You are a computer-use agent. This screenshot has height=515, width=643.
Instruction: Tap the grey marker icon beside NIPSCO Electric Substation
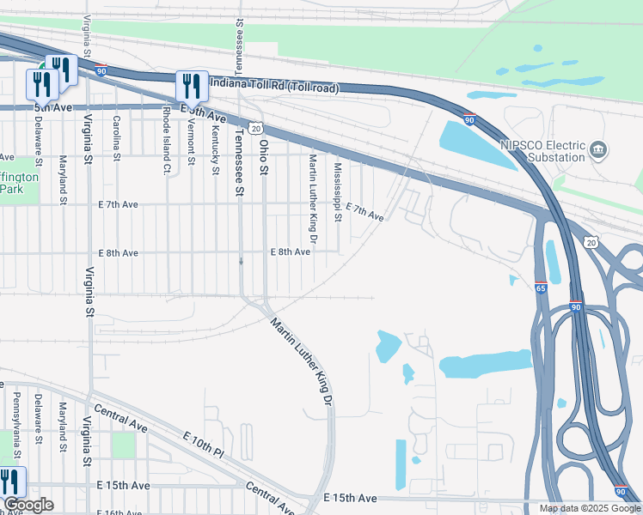[600, 151]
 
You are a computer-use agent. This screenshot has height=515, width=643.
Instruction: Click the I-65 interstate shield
[541, 288]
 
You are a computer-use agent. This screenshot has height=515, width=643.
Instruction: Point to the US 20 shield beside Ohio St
[256, 128]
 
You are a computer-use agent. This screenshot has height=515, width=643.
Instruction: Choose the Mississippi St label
[338, 191]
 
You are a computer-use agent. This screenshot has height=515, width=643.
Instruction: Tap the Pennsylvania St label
[15, 422]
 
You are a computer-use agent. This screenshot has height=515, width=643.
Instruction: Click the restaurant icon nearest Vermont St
[191, 85]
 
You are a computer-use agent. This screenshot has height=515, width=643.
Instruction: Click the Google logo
[28, 505]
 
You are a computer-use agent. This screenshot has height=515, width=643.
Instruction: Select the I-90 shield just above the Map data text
[620, 491]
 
